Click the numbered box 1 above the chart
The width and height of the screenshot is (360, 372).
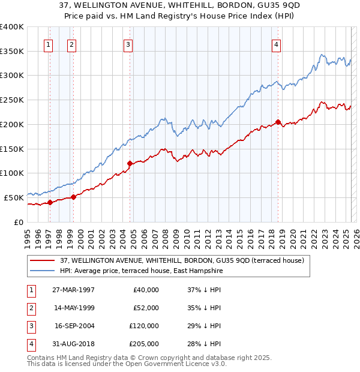(47, 43)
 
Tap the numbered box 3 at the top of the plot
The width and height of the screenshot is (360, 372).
(128, 43)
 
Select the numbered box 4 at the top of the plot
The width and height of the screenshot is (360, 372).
(276, 43)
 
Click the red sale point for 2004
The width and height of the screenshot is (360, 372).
(130, 163)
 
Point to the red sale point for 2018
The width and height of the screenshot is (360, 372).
(278, 122)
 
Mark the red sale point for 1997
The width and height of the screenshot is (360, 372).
(50, 202)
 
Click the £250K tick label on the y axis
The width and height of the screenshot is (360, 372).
(12, 100)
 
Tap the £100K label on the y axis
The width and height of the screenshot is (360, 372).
(12, 173)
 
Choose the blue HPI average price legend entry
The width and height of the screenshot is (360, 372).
(141, 271)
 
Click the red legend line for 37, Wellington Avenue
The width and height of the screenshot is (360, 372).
(43, 260)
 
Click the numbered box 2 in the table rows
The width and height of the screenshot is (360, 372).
(31, 308)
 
